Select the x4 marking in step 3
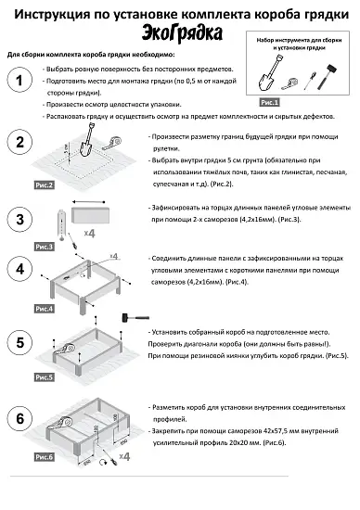tap(89, 233)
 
